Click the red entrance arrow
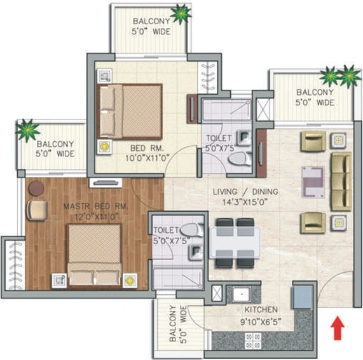[x=338, y=328]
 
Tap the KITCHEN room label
[x=261, y=310]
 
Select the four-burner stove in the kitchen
[x=253, y=340]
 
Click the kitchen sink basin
[x=242, y=294]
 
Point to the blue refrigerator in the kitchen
[x=302, y=297]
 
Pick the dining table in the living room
[x=235, y=243]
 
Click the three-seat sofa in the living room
[x=341, y=181]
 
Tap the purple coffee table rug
[x=313, y=182]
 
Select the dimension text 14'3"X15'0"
[x=245, y=202]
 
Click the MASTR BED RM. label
[x=95, y=206]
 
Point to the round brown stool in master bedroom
[x=36, y=188]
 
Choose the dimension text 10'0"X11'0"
[x=147, y=158]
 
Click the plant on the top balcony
[x=181, y=14]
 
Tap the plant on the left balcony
[x=27, y=130]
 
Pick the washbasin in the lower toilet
[x=196, y=253]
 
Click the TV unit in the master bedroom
[x=106, y=183]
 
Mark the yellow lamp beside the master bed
[x=130, y=280]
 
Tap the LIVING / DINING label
[x=245, y=191]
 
